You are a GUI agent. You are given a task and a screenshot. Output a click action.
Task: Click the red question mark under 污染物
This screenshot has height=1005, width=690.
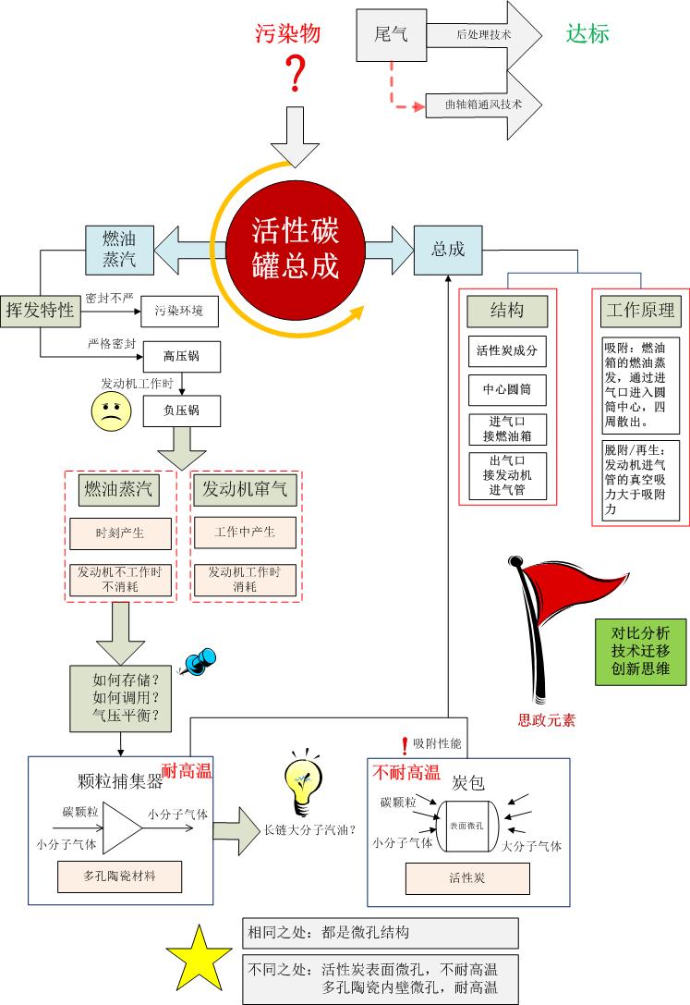[x=296, y=74]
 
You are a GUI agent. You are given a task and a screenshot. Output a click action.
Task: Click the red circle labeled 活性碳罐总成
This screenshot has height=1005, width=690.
[x=296, y=250]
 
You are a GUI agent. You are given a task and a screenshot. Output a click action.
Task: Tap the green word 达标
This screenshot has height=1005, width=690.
[x=587, y=34]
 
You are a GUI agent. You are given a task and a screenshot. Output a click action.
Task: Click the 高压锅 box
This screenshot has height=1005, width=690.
[x=181, y=355]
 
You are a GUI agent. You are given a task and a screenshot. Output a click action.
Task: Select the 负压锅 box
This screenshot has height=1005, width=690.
[x=181, y=410]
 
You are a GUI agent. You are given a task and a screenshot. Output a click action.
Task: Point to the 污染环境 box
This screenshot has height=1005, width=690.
[x=179, y=311]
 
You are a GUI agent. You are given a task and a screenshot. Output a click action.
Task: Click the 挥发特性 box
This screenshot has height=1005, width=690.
[x=40, y=310]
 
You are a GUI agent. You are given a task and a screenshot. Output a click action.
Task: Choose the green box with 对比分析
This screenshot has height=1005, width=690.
[x=640, y=652]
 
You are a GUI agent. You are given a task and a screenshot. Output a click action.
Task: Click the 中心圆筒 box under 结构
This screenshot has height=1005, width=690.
[x=507, y=390]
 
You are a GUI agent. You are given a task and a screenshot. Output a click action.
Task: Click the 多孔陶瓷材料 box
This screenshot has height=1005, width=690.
[x=119, y=874]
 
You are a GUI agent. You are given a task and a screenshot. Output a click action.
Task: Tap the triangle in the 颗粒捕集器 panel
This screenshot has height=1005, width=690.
[x=122, y=827]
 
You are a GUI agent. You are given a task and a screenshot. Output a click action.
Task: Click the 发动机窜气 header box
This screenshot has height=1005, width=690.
[x=245, y=490]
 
